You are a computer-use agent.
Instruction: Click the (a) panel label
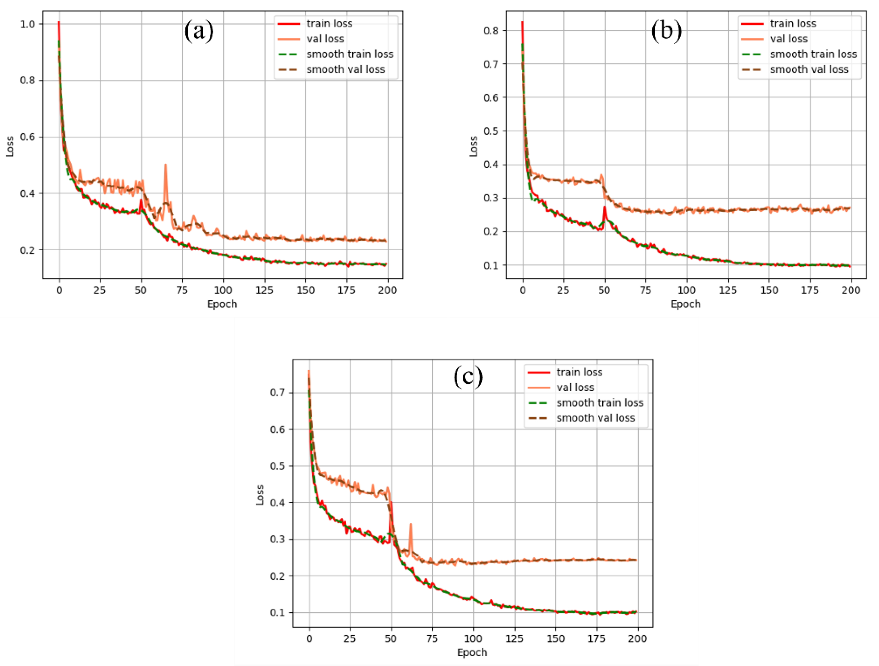[x=199, y=31]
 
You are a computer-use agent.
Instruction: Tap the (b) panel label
[x=666, y=31]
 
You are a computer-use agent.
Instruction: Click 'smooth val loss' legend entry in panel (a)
[x=345, y=69]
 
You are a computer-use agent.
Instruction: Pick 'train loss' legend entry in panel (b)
[x=793, y=24]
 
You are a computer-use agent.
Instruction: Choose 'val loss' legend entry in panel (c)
[x=575, y=387]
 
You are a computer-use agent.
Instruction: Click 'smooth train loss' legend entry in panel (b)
[x=813, y=54]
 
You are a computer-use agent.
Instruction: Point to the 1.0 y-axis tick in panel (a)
[x=27, y=24]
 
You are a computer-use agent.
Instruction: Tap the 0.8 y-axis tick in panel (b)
[x=491, y=31]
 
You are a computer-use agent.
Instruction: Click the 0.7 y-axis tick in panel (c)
[x=277, y=393]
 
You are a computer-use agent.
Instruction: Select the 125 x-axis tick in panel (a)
[x=264, y=291]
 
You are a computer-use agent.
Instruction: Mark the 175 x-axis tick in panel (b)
[x=810, y=291]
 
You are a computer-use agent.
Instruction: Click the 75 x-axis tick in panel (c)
[x=432, y=639]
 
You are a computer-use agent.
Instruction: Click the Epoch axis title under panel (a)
[x=222, y=304]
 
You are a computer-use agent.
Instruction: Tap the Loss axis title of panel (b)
[x=474, y=146]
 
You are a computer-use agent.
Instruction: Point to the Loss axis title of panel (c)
[x=260, y=495]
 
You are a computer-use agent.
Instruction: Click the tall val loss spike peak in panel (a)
[x=166, y=164]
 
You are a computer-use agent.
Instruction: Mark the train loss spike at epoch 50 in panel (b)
[x=605, y=207]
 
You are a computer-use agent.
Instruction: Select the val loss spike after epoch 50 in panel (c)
[x=411, y=524]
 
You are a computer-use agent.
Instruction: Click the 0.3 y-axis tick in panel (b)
[x=491, y=198]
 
